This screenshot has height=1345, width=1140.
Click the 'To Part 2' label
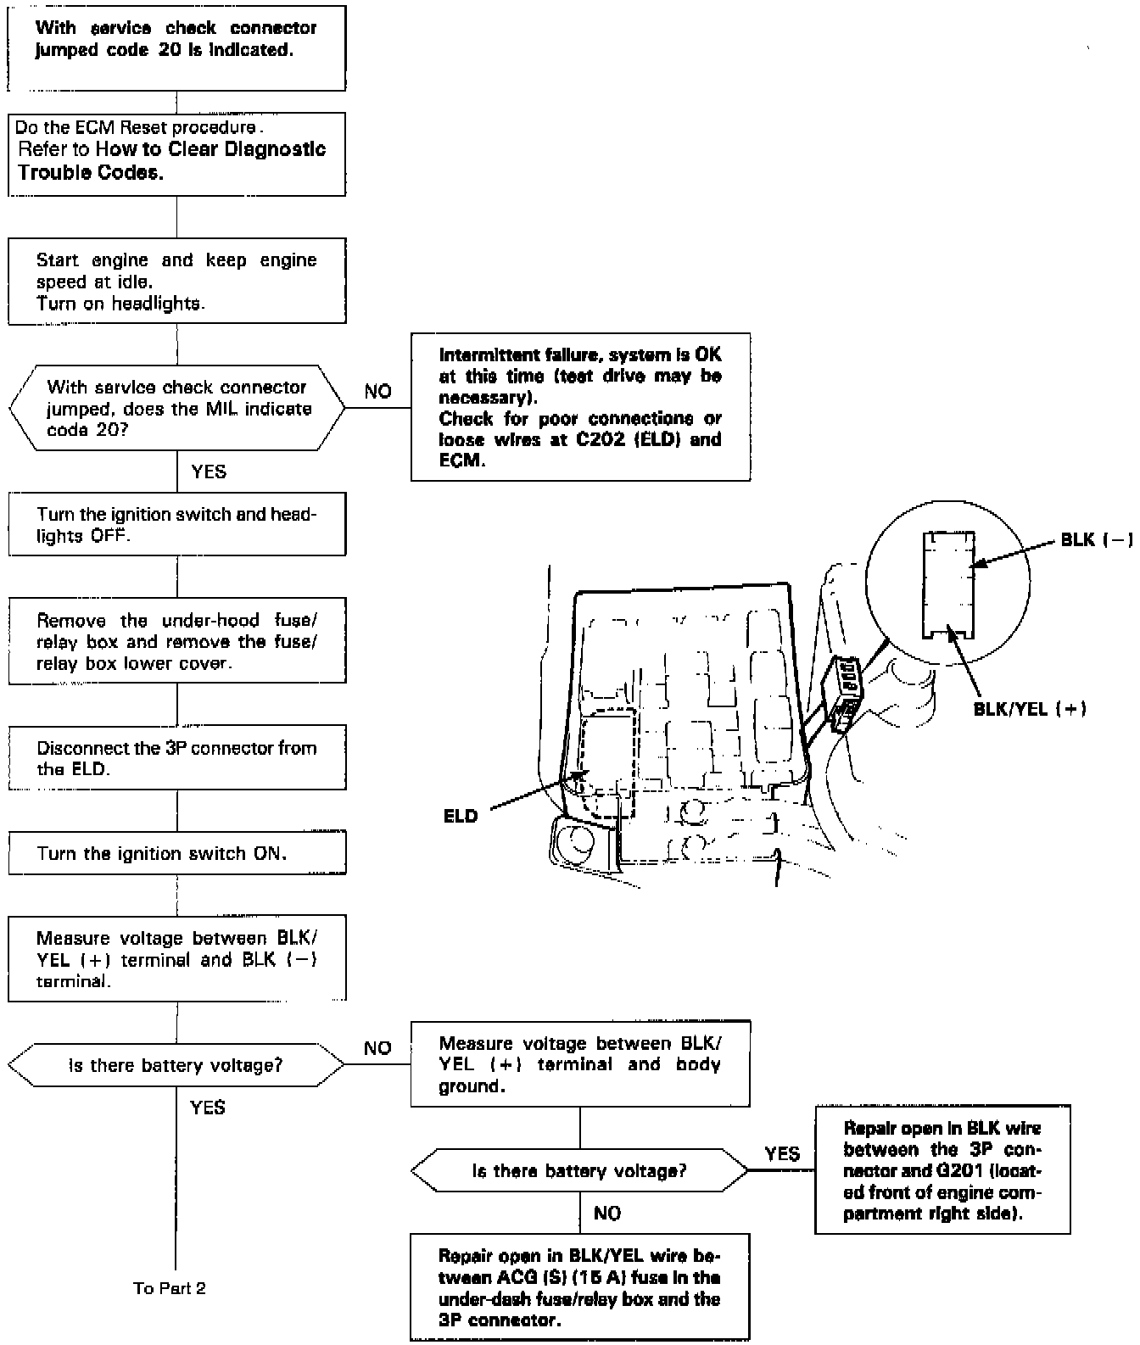pyautogui.click(x=170, y=1288)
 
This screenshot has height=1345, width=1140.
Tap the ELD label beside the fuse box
pyautogui.click(x=461, y=817)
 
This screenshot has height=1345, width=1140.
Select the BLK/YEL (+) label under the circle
pyautogui.click(x=1030, y=709)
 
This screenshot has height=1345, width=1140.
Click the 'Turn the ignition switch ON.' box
pyautogui.click(x=177, y=853)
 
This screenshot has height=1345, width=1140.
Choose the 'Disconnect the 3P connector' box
pyautogui.click(x=177, y=758)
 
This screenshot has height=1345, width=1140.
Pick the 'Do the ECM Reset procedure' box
pyautogui.click(x=177, y=153)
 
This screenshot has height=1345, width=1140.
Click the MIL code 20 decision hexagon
pyautogui.click(x=177, y=408)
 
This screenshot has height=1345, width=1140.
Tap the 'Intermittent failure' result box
pyautogui.click(x=580, y=407)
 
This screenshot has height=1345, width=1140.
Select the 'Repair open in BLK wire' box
pyautogui.click(x=942, y=1169)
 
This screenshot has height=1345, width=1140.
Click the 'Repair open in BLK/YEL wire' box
pyautogui.click(x=580, y=1287)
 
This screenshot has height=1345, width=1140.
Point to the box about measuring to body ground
pyautogui.click(x=580, y=1064)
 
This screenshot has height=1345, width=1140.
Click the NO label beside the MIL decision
pyautogui.click(x=378, y=391)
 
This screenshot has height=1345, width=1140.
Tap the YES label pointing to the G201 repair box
pyautogui.click(x=782, y=1153)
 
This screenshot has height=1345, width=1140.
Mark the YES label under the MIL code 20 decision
pyautogui.click(x=209, y=472)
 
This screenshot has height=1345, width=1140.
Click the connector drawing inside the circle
pyautogui.click(x=948, y=585)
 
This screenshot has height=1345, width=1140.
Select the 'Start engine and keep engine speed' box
pyautogui.click(x=177, y=282)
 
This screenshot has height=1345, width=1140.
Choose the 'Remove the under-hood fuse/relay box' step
pyautogui.click(x=177, y=641)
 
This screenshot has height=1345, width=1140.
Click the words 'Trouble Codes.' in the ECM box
pyautogui.click(x=90, y=172)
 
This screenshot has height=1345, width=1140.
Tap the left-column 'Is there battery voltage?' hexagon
pyautogui.click(x=177, y=1065)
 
